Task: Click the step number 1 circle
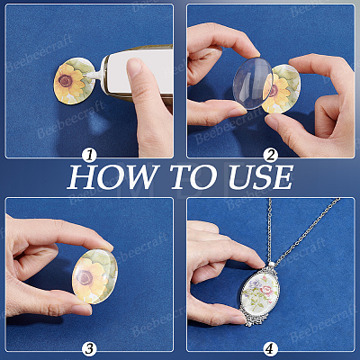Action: point(89,156)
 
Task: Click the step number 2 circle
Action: point(271,156)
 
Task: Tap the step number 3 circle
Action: point(89,348)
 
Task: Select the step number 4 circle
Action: point(271,348)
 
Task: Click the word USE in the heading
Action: point(260,177)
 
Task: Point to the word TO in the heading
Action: point(193,177)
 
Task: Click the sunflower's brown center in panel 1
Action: point(66,80)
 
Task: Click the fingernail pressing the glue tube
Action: point(134,67)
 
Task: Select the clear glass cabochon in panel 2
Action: point(253,83)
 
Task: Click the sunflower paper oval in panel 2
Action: point(282,89)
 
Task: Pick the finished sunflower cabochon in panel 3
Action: point(94,276)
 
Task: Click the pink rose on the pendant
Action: point(266,289)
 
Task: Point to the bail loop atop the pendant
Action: point(273,265)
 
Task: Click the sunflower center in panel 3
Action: point(85,278)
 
